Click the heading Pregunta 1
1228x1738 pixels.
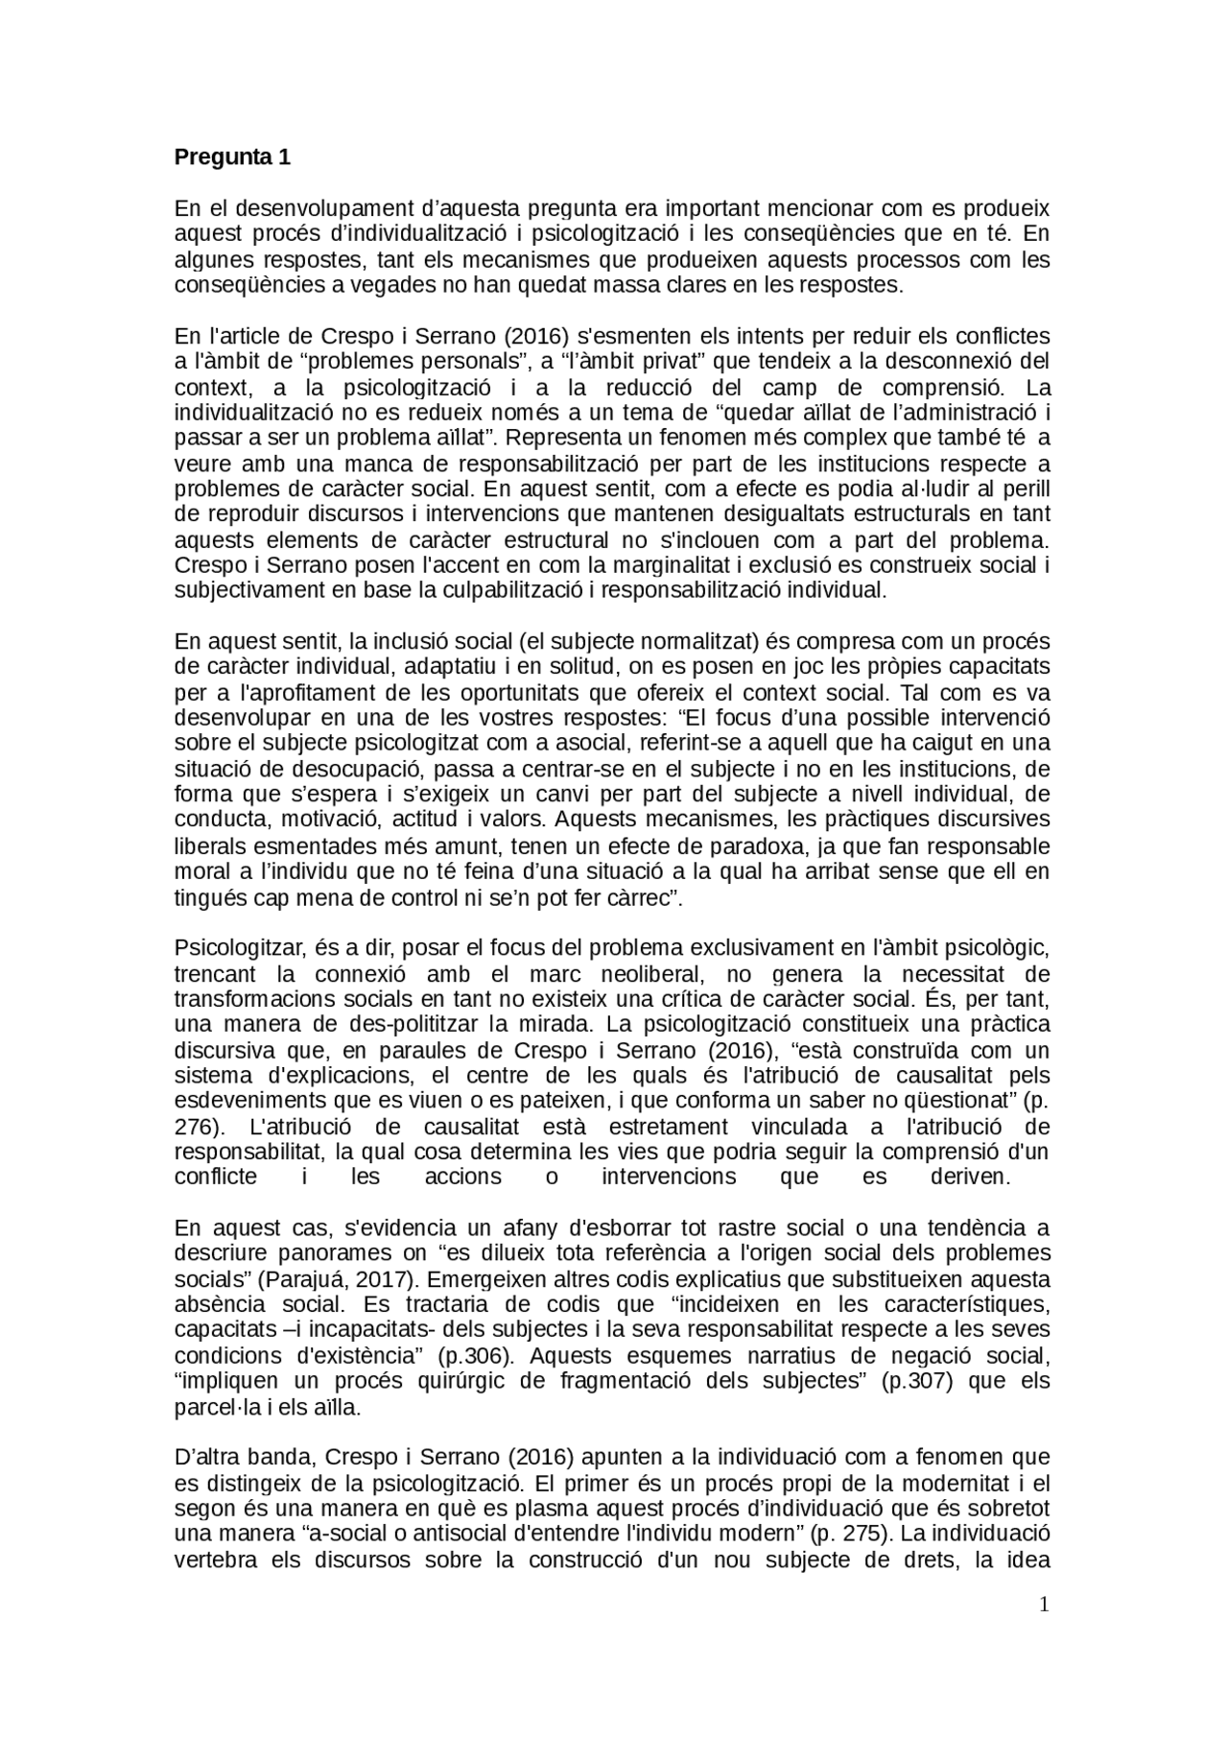click(231, 157)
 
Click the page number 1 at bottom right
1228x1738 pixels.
click(1045, 1605)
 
